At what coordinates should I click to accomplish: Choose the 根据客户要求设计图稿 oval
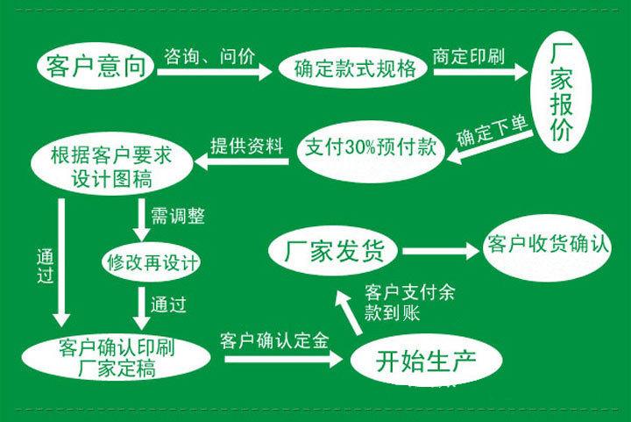pyautogui.click(x=111, y=166)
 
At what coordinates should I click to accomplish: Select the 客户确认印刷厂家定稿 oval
pyautogui.click(x=116, y=354)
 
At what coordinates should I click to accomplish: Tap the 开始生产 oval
pyautogui.click(x=427, y=358)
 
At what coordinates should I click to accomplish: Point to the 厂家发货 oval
pyautogui.click(x=334, y=251)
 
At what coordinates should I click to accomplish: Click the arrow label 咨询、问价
pyautogui.click(x=209, y=57)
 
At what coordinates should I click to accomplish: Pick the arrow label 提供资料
pyautogui.click(x=248, y=144)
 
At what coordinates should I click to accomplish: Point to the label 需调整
pyautogui.click(x=171, y=213)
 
